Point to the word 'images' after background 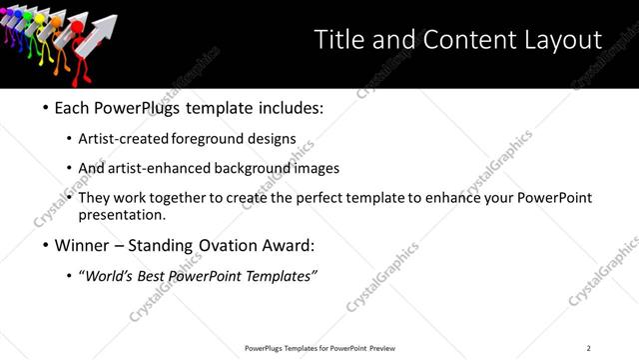tap(317, 169)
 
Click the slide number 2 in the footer tap(588, 348)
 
